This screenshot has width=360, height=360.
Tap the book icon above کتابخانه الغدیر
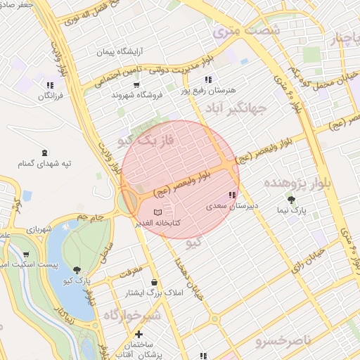click(157, 212)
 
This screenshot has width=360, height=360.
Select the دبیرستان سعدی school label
click(226, 207)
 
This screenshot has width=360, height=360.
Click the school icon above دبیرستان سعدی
click(231, 195)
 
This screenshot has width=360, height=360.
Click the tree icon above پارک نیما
click(302, 199)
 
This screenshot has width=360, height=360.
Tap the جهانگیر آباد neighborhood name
click(236, 110)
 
